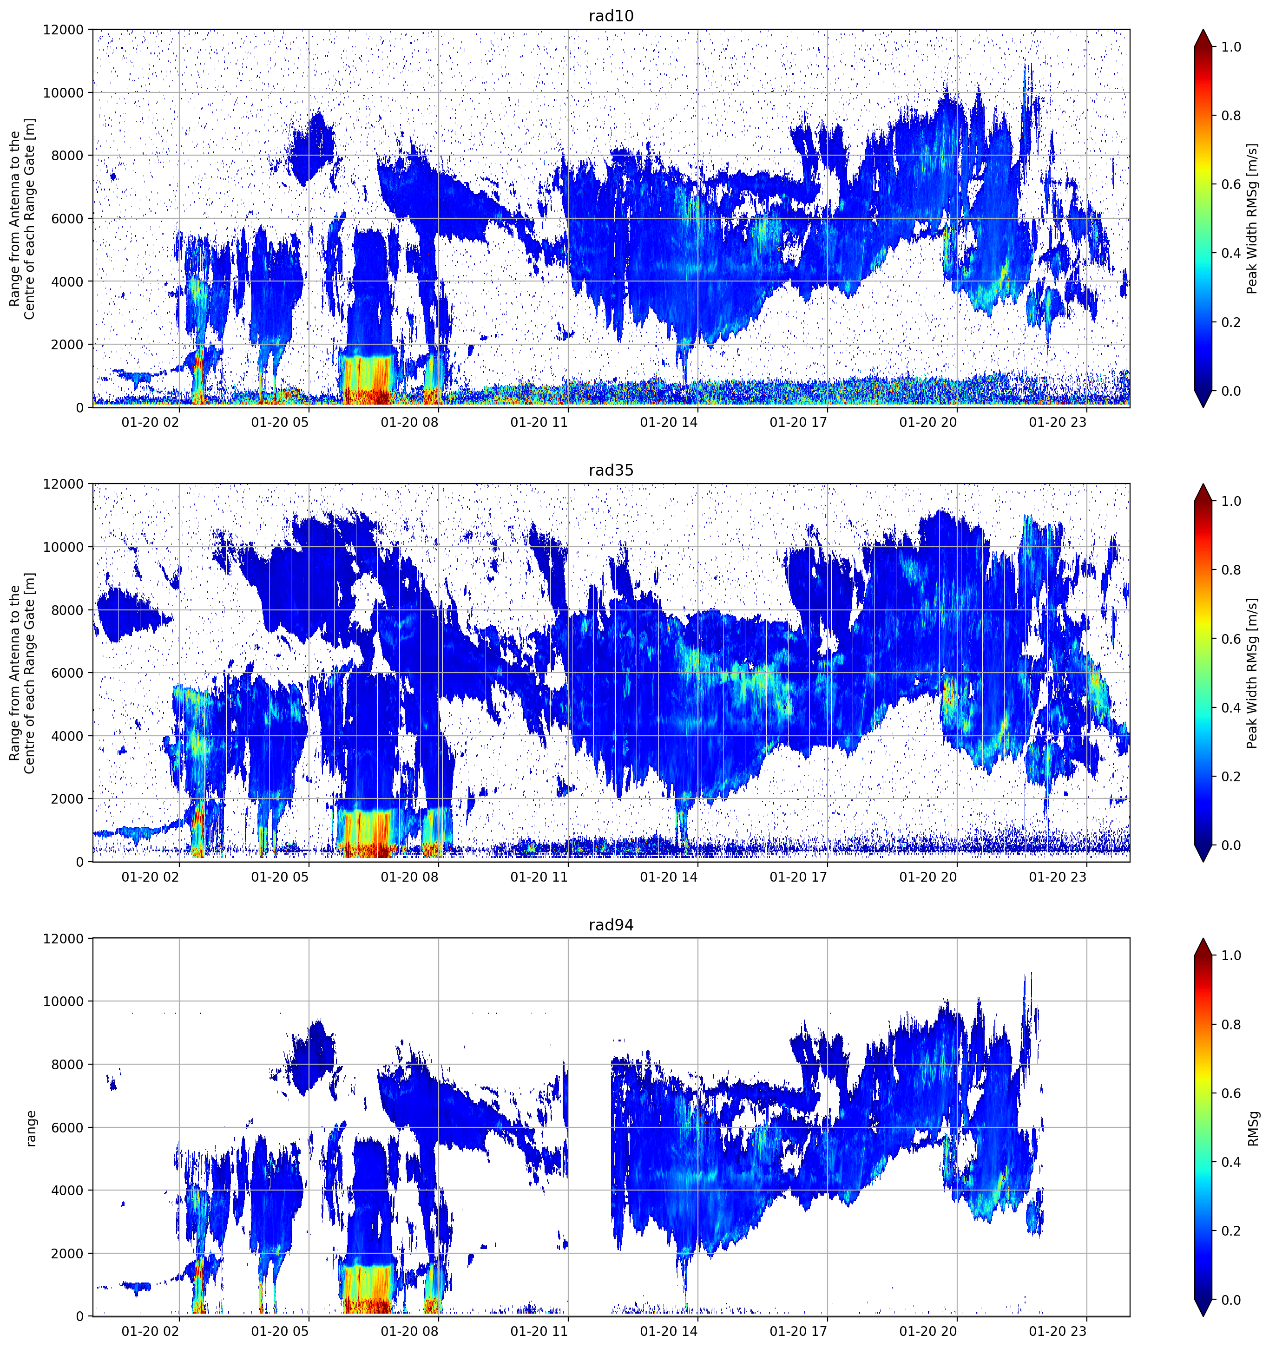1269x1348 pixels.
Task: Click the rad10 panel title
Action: point(611,16)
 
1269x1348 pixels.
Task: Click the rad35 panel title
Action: point(611,470)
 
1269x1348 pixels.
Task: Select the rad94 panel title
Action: point(611,925)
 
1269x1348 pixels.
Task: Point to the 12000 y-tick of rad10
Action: point(63,30)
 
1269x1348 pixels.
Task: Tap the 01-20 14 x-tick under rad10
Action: point(668,422)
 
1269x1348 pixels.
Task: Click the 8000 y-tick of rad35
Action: point(67,610)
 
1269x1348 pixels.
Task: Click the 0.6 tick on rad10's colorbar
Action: point(1231,184)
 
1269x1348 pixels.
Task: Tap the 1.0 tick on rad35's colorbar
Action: point(1231,501)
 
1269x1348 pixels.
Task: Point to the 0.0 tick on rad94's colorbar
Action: point(1231,1300)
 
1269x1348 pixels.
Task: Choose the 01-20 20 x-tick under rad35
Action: point(928,877)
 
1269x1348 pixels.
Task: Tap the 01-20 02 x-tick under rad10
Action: point(150,422)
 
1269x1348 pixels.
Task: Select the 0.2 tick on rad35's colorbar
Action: point(1231,776)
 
